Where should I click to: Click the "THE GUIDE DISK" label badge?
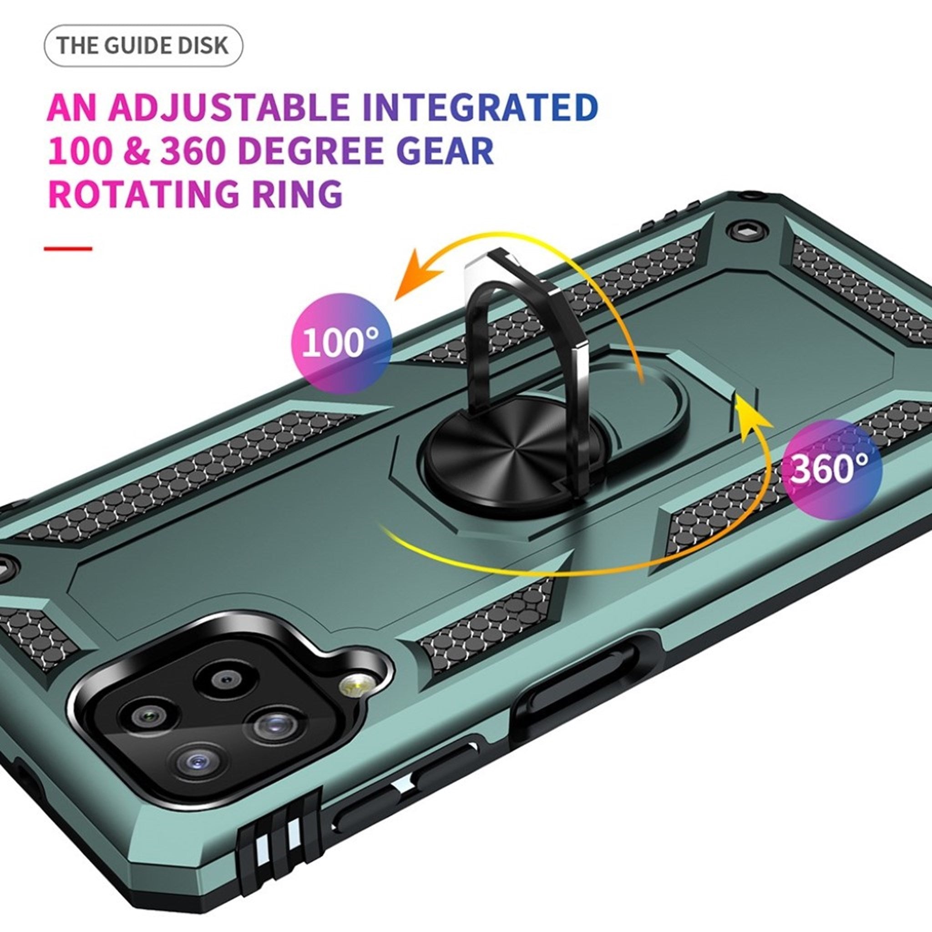[x=143, y=46]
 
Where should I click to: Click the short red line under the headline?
[x=67, y=249]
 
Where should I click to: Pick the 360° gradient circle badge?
[x=831, y=469]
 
